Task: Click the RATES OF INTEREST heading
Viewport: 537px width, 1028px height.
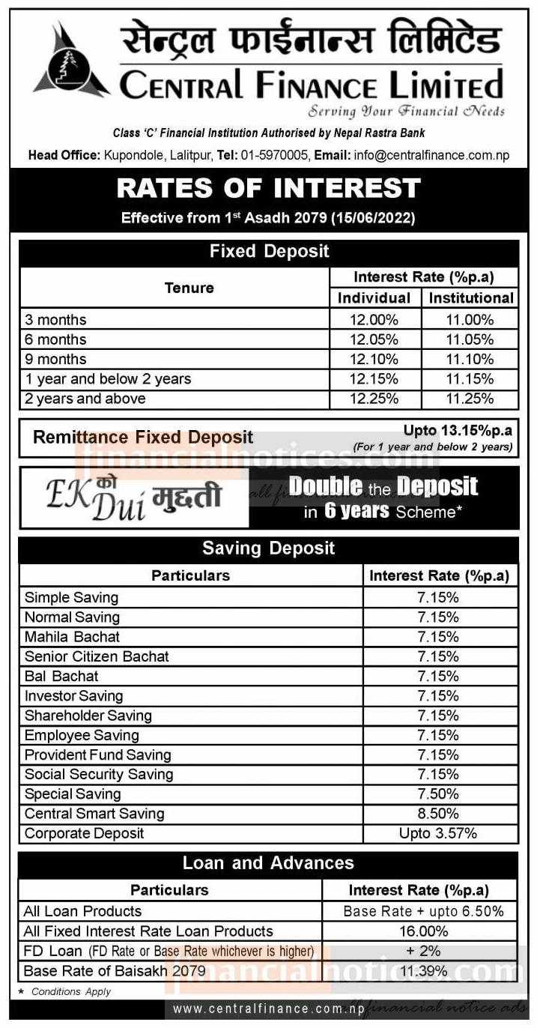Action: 268,188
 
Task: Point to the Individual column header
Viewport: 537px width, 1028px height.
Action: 374,297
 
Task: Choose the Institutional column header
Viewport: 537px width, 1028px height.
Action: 470,297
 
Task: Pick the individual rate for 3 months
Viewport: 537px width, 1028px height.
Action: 374,320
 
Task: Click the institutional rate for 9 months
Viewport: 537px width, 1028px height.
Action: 470,359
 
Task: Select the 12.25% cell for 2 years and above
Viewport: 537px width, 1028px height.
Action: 374,399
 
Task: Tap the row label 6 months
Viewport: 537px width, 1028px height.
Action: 55,339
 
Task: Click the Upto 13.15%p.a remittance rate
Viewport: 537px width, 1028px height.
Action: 458,431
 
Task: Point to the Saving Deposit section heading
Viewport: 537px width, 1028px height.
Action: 268,548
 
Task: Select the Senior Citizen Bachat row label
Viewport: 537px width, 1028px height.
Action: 97,656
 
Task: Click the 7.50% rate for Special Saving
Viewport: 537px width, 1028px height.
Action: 440,794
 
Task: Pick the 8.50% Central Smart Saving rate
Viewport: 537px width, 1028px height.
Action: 440,814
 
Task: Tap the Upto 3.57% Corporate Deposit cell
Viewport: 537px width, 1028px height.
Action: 440,833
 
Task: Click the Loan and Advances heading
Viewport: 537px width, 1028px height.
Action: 268,863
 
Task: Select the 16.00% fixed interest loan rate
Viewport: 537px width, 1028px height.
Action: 419,931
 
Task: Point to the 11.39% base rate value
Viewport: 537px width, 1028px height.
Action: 419,971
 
